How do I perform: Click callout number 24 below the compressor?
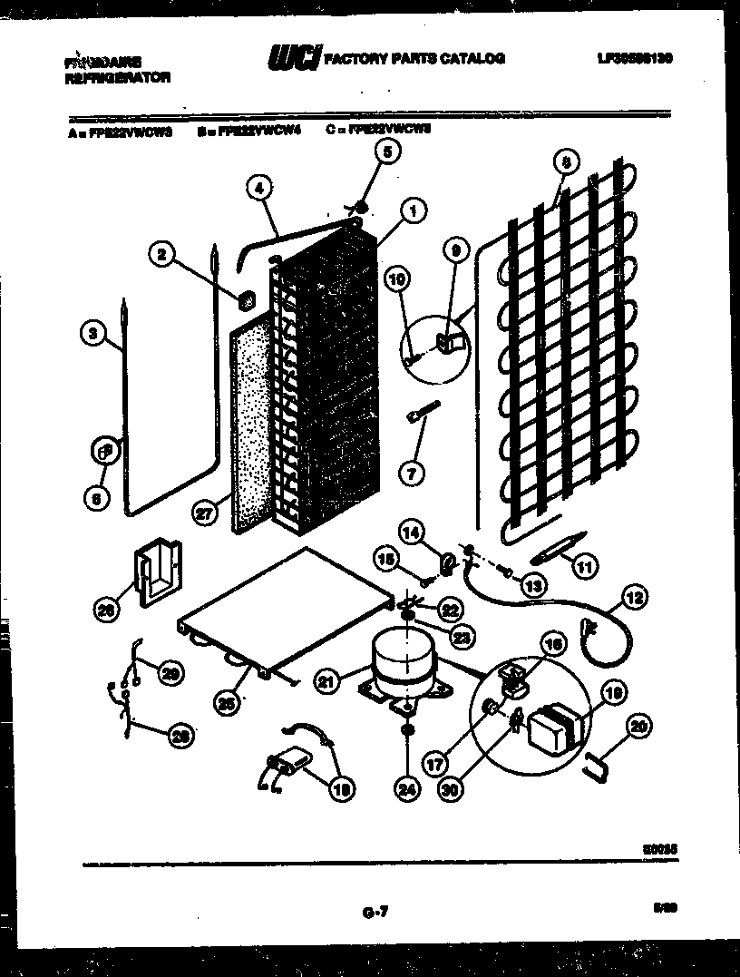406,790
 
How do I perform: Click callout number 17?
437,765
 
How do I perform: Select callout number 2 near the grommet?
163,257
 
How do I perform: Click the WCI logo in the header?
294,60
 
